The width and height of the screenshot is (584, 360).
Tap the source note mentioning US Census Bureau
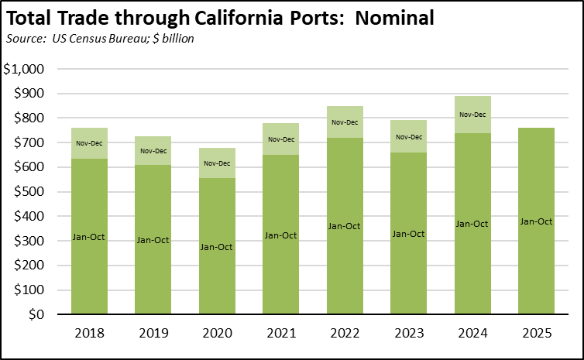[99, 38]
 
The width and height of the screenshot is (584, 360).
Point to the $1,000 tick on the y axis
[24, 69]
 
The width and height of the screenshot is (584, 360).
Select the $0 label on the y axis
[36, 315]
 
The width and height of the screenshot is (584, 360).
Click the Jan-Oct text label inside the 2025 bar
[536, 221]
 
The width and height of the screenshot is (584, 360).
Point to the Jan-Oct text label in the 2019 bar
[153, 240]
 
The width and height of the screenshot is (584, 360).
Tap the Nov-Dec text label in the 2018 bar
[89, 143]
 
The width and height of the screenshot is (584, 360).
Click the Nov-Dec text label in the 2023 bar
[408, 137]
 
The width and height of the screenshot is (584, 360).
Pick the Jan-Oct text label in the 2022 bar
[345, 226]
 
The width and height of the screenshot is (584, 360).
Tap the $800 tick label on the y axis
[29, 118]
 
